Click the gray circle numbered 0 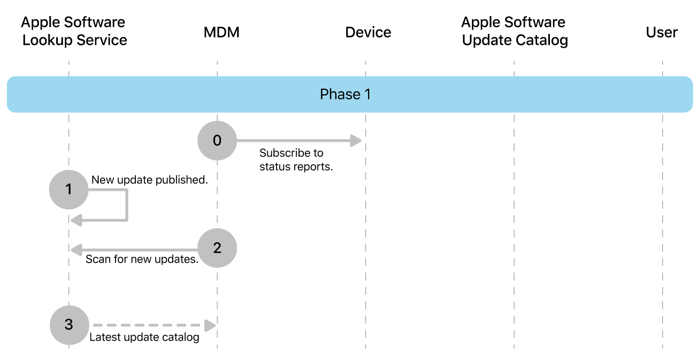(x=217, y=141)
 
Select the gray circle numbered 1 (x=68, y=189)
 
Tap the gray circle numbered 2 (x=217, y=248)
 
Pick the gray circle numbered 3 (x=68, y=325)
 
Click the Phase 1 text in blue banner (x=345, y=95)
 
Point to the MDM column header (x=221, y=32)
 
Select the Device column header (x=368, y=32)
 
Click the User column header (x=662, y=32)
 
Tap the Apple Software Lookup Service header (x=74, y=31)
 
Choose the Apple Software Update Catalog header (x=514, y=31)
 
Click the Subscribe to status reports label (x=296, y=159)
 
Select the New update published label (x=149, y=180)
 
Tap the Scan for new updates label (x=142, y=260)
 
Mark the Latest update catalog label (x=144, y=338)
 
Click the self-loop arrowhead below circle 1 (x=75, y=219)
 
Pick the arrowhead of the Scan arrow (x=75, y=249)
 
